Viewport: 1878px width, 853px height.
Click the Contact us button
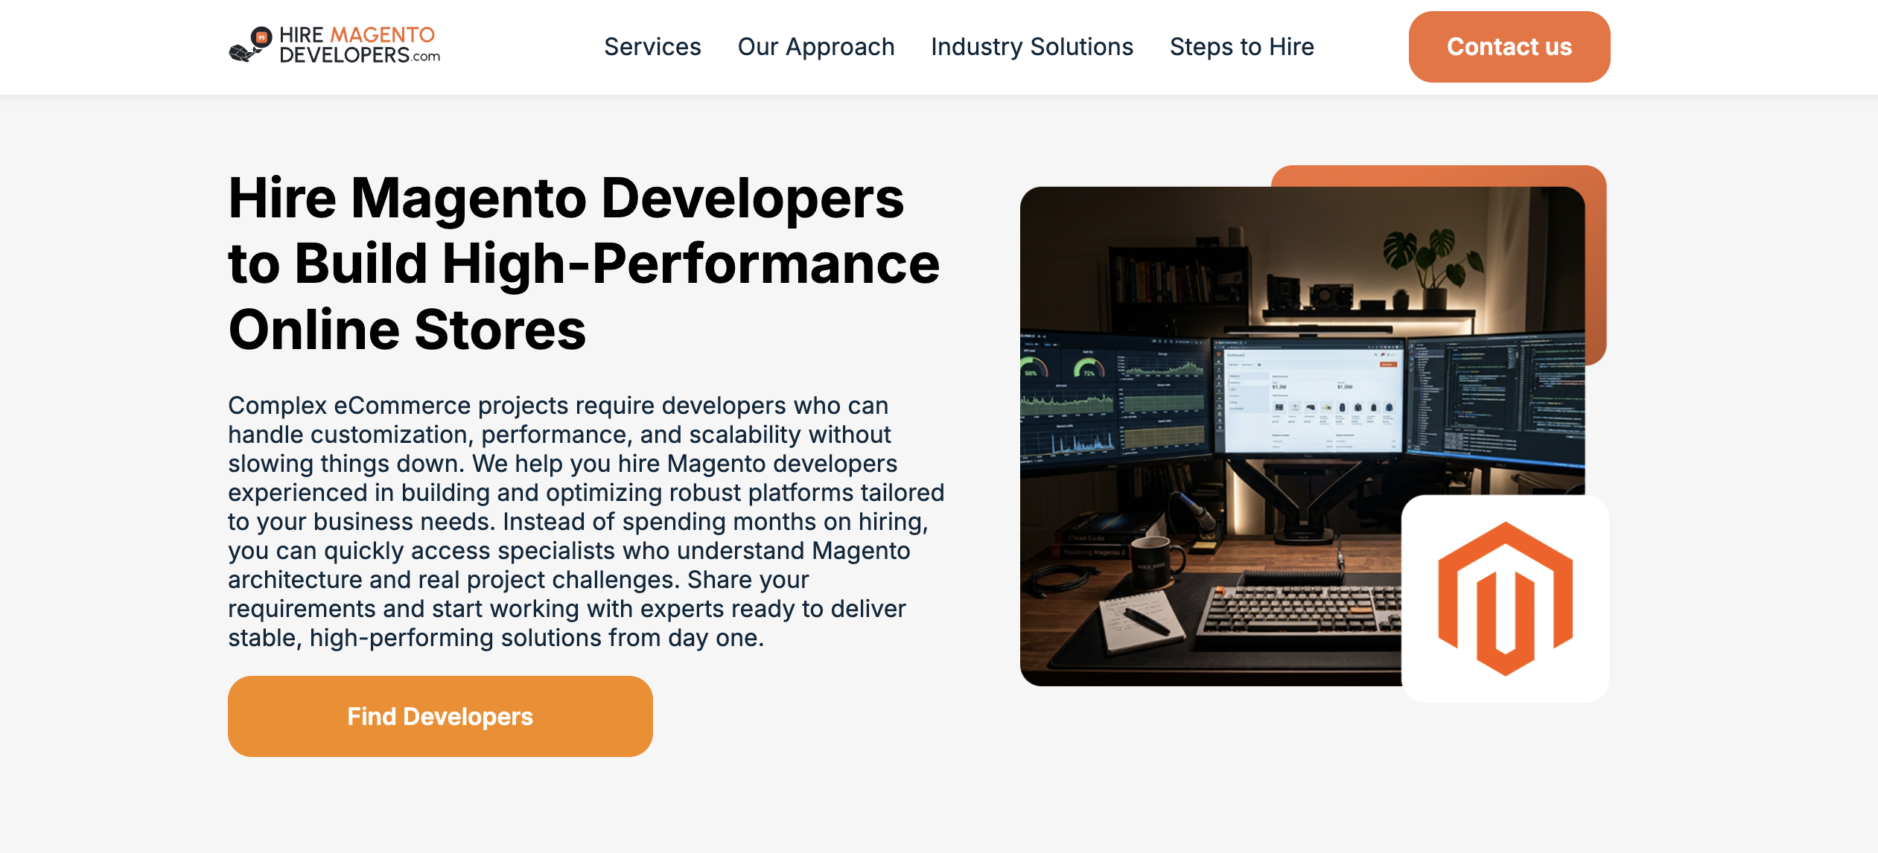(1509, 47)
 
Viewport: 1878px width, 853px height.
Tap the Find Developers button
(440, 716)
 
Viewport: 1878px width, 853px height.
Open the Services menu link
(652, 47)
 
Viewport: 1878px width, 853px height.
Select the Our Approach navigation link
(815, 47)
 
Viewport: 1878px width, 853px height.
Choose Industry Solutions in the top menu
(1031, 47)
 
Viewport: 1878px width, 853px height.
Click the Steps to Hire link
(1241, 47)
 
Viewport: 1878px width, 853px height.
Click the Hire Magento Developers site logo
(334, 45)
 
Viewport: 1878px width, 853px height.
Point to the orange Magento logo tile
(1505, 598)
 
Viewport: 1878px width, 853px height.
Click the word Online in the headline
(313, 330)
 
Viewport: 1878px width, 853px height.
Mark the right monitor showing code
(1497, 398)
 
